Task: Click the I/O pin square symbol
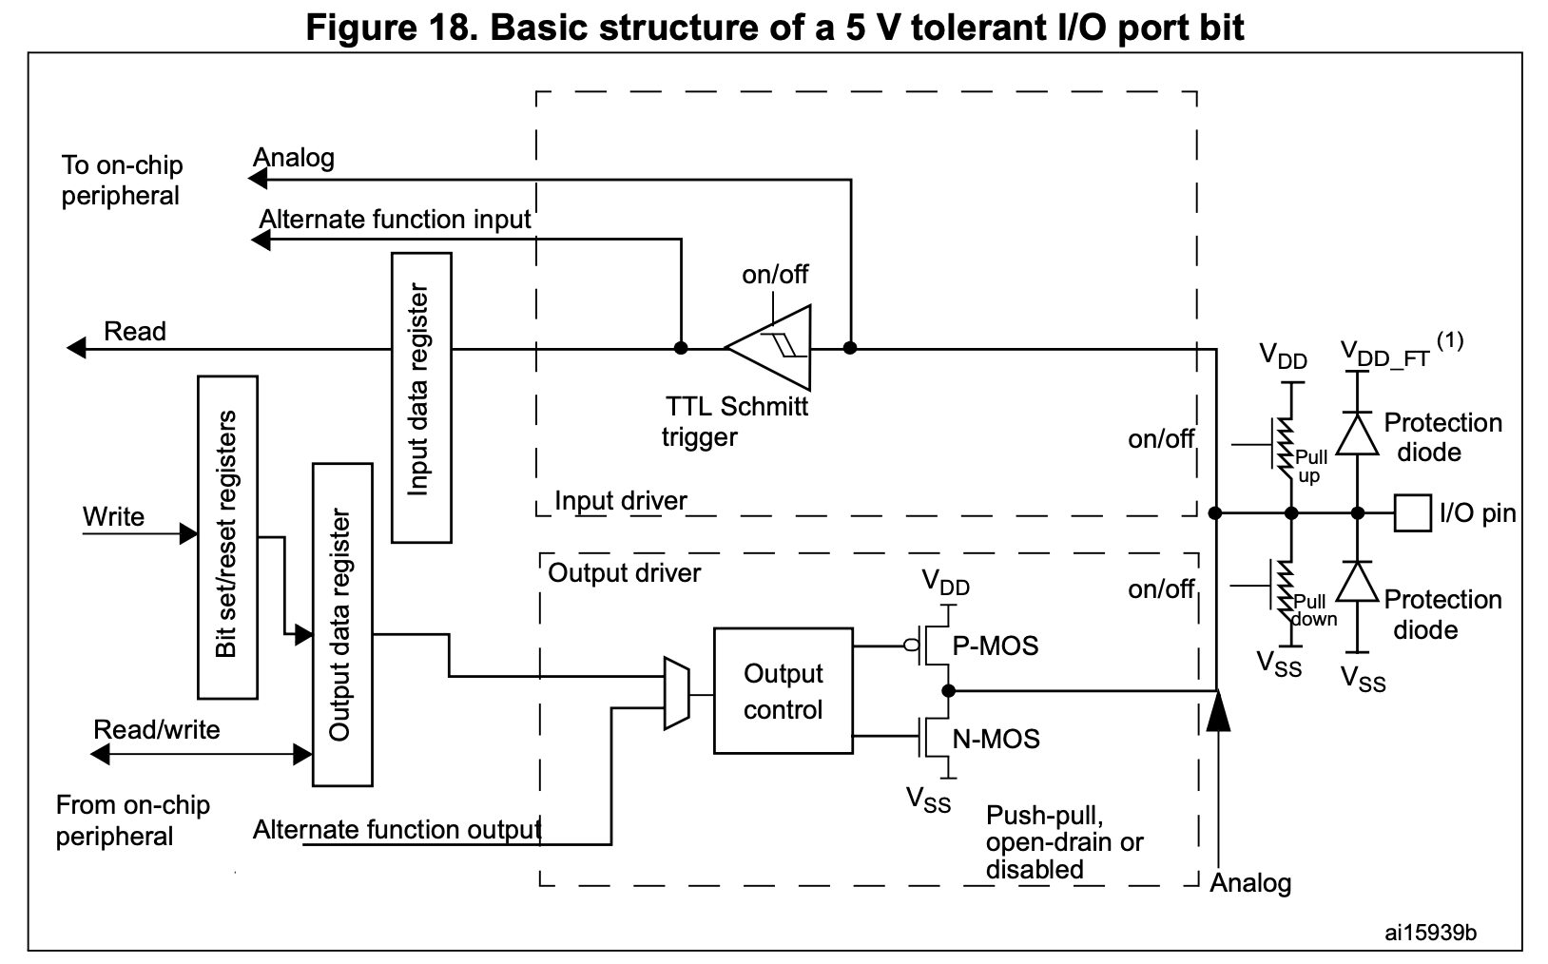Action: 1413,512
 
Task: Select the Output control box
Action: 783,691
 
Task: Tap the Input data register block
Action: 420,397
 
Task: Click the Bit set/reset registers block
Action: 227,537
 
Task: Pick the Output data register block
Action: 341,625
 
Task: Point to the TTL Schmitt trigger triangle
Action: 771,348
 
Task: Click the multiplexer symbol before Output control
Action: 675,693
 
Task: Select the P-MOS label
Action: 996,646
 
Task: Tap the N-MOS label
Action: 996,739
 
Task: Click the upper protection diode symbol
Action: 1357,434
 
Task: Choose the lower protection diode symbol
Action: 1357,581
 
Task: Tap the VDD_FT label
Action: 1384,355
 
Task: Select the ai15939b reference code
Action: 1430,933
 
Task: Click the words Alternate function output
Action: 397,830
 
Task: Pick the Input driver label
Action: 620,501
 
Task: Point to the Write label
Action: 113,517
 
